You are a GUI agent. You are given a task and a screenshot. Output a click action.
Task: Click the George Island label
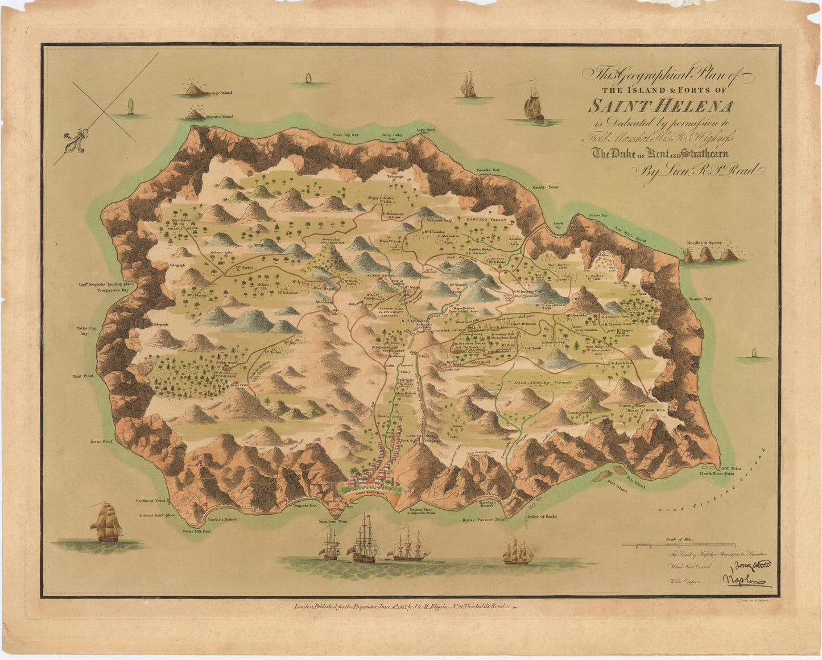point(220,92)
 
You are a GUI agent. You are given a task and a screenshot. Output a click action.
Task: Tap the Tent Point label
point(82,376)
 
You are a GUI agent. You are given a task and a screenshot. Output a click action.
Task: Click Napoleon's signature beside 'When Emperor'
point(746,580)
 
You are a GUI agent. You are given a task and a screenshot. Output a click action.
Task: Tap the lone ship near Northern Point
point(108,522)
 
